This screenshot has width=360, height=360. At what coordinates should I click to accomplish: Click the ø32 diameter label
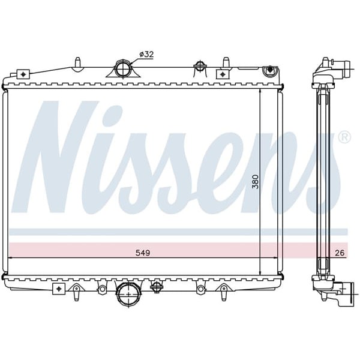146,54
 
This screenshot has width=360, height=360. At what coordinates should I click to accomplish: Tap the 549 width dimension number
142,253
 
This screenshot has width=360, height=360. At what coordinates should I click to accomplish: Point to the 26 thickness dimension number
340,253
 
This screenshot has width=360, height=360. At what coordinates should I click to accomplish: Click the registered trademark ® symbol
344,137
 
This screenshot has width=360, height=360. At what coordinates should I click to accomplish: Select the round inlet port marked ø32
123,69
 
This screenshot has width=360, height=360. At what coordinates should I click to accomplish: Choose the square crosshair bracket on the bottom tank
59,289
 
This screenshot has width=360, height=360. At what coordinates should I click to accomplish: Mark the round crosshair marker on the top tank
199,66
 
